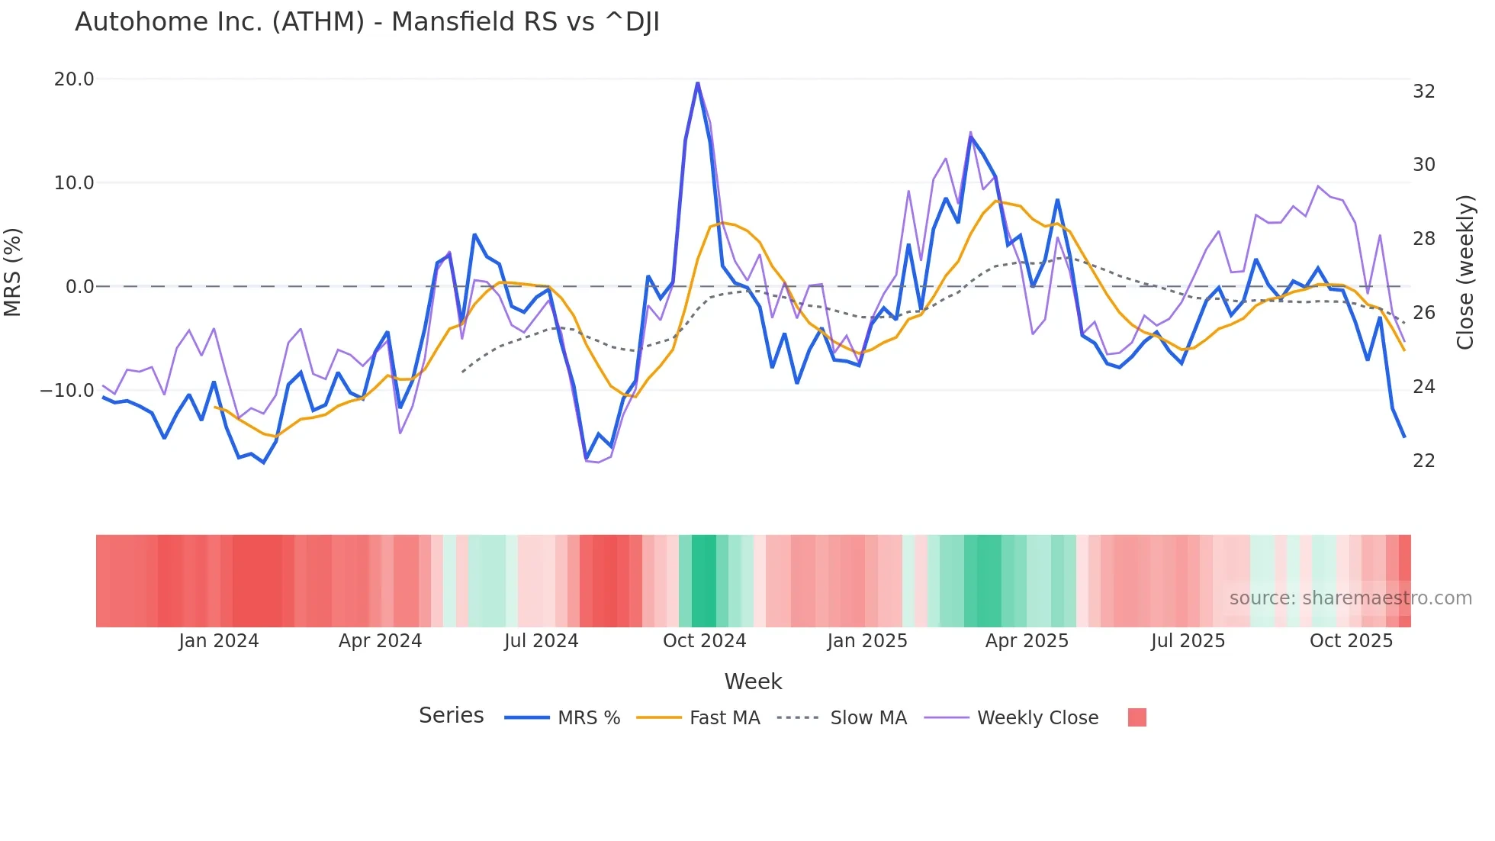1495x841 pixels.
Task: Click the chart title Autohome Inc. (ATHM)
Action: (367, 22)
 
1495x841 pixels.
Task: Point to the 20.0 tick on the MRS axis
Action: (74, 79)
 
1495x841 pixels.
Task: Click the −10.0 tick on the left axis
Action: (67, 391)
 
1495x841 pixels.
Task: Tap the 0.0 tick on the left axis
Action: (79, 287)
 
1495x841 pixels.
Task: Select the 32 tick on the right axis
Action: (1423, 92)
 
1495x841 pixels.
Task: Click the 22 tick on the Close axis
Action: (1423, 461)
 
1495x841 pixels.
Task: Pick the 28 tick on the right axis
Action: (1423, 240)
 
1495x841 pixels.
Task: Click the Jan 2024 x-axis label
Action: (219, 641)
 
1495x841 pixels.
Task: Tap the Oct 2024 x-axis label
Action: (704, 641)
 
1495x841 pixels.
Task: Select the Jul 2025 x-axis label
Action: (1188, 641)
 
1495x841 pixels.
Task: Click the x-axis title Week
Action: (753, 681)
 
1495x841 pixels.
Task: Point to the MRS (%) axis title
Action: (13, 272)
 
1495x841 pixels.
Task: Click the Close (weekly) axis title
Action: (1465, 272)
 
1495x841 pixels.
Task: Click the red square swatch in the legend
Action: (1137, 717)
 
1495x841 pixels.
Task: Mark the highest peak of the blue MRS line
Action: (697, 83)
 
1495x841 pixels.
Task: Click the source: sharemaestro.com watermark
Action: (1350, 598)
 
